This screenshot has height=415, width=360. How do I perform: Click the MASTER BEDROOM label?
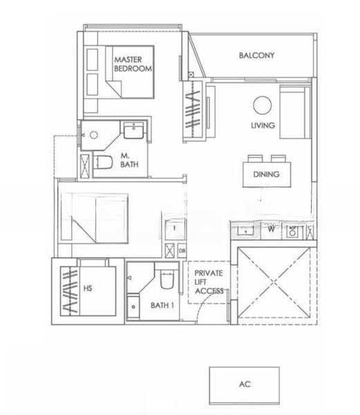[133, 64]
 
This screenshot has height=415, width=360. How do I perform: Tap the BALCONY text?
[256, 55]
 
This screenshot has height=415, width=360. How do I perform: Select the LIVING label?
[263, 125]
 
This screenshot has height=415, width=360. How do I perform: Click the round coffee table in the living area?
[262, 105]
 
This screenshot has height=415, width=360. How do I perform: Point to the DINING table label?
[266, 174]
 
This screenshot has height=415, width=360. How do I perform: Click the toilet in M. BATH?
[103, 162]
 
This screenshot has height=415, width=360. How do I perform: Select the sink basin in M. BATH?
[134, 131]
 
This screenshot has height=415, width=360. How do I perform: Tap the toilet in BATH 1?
[167, 279]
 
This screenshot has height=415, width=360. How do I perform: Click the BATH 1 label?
[162, 306]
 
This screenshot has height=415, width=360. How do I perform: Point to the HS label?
[88, 288]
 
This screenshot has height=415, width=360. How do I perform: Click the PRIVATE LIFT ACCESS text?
[209, 282]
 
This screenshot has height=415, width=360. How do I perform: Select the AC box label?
[245, 384]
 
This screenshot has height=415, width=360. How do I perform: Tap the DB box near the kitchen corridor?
[182, 251]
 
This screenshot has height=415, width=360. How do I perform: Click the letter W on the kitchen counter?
[271, 229]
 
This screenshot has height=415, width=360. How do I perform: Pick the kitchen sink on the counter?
[246, 230]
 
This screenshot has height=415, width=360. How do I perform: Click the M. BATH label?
[129, 160]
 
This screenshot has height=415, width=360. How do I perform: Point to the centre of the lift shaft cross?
[274, 282]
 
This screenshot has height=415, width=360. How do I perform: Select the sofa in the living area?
[295, 112]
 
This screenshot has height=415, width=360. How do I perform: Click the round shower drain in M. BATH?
[93, 135]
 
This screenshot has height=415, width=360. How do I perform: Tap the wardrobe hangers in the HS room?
[70, 291]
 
